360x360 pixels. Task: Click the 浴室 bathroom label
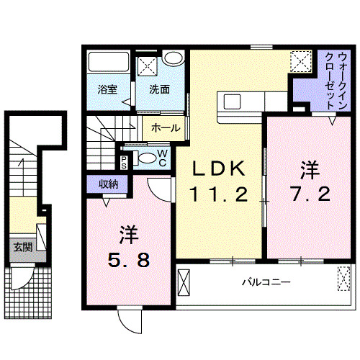pyautogui.click(x=108, y=90)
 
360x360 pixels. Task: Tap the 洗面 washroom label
pyautogui.click(x=160, y=90)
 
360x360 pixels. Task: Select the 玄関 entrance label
pyautogui.click(x=22, y=247)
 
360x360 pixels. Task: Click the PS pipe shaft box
pyautogui.click(x=125, y=160)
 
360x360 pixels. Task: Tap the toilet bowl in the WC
pyautogui.click(x=145, y=159)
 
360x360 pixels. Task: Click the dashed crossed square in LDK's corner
pyautogui.click(x=300, y=61)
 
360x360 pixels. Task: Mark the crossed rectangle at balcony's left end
pyautogui.click(x=185, y=282)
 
